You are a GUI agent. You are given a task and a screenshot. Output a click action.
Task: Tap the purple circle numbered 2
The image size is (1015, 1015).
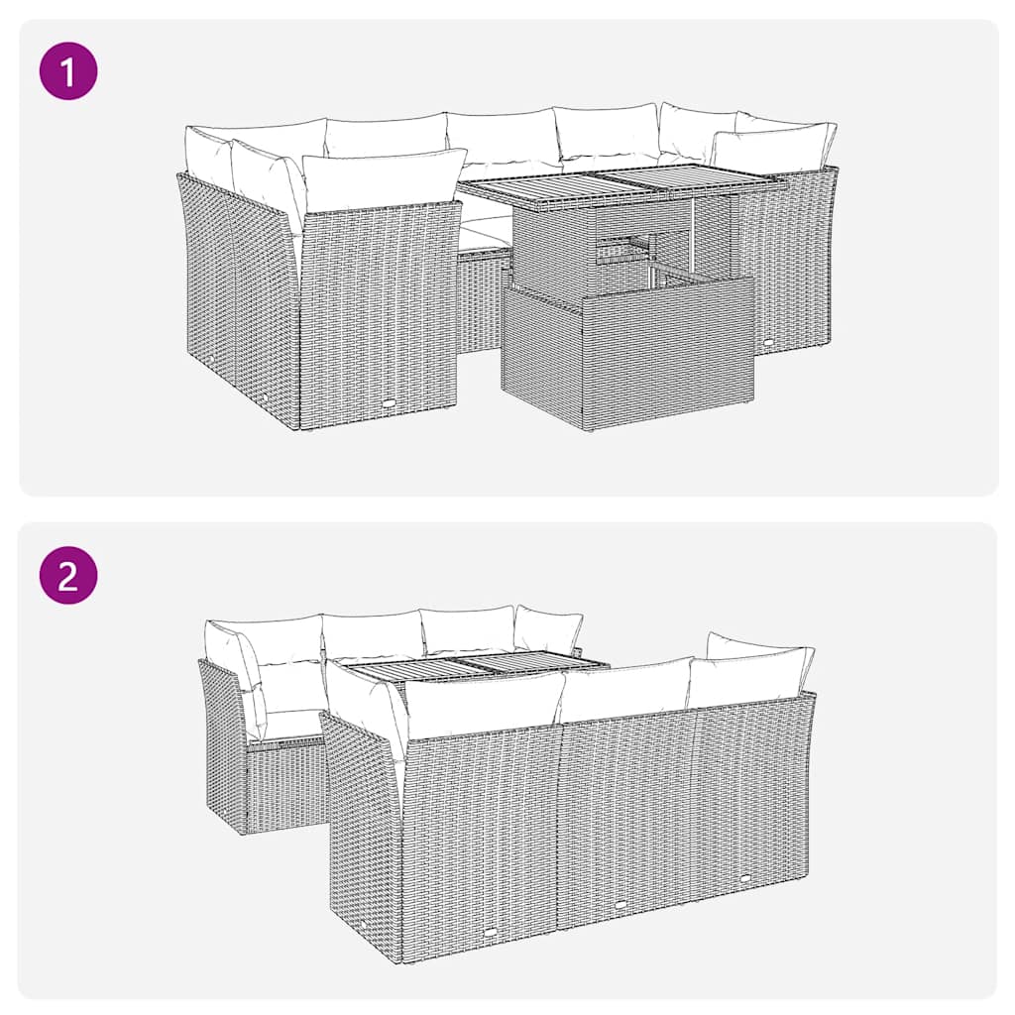pyautogui.click(x=68, y=575)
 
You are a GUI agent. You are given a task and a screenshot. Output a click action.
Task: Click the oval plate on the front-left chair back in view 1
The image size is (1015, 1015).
pyautogui.click(x=388, y=404)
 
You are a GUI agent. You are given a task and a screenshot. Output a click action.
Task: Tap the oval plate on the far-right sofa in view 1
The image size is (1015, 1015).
pyautogui.click(x=768, y=343)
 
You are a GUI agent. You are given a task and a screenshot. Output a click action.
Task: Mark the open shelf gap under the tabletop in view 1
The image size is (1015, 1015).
pyautogui.click(x=624, y=254)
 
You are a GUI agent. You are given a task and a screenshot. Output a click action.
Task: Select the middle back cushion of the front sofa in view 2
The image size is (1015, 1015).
pyautogui.click(x=624, y=690)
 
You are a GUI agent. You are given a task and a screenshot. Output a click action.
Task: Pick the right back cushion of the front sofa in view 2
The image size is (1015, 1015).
pyautogui.click(x=745, y=676)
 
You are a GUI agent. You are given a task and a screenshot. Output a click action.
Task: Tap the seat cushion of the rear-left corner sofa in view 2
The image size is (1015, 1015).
pyautogui.click(x=287, y=725)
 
